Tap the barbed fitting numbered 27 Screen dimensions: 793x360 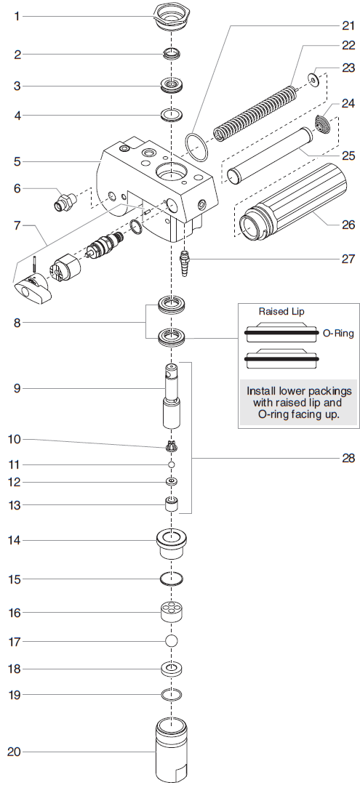(184, 259)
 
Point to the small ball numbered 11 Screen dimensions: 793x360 (171, 464)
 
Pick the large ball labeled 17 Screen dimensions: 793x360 (171, 641)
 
